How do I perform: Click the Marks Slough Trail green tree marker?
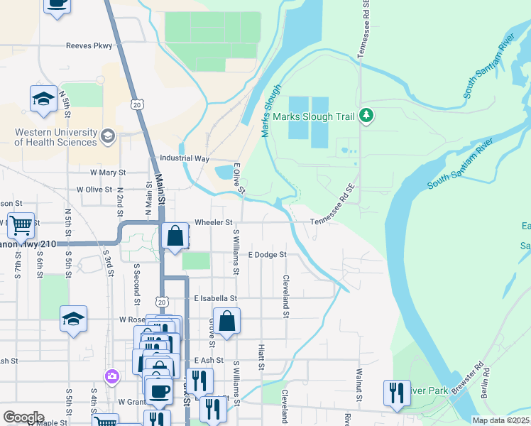(366, 115)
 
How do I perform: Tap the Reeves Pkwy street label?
(89, 46)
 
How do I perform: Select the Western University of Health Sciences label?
(55, 137)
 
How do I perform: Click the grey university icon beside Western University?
(108, 136)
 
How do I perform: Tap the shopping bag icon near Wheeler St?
(174, 237)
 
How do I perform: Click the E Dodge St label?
(267, 254)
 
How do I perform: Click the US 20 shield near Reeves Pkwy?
(136, 104)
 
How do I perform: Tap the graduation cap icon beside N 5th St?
(43, 99)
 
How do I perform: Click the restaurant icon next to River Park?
(395, 393)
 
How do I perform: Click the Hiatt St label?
(261, 358)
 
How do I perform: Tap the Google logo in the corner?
(23, 417)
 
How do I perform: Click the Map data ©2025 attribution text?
(500, 420)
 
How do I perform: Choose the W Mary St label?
(107, 173)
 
